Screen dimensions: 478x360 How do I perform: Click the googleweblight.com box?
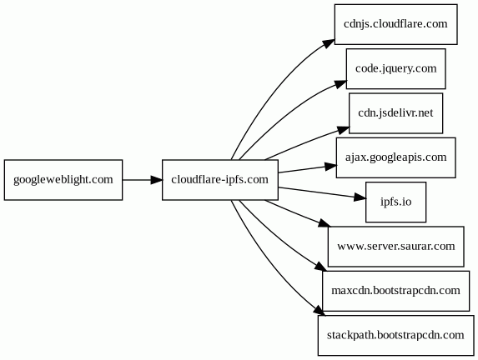63,180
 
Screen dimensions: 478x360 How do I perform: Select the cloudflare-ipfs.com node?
220,180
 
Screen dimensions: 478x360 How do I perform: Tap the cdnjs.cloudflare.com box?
395,24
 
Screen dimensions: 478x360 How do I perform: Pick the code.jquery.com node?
395,69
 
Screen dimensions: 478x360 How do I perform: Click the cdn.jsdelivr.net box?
395,113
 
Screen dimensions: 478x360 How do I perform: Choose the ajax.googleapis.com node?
395,157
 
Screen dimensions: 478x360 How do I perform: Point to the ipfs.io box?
395,202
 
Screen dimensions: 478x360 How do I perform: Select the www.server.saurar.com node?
395,247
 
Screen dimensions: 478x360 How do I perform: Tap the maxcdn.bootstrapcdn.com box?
395,291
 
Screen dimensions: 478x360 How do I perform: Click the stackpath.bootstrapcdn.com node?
395,335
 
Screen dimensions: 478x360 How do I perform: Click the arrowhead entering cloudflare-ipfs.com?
156,180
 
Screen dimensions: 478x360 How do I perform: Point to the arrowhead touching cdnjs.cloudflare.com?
330,43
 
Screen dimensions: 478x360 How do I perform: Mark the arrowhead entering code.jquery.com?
340,84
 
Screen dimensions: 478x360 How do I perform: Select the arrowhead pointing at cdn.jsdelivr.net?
344,129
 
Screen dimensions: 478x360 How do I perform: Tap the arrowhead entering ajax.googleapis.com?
331,167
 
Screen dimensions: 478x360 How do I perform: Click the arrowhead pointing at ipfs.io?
360,197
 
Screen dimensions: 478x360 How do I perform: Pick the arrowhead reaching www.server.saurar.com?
324,223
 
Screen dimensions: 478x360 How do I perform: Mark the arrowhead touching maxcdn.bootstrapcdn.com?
320,267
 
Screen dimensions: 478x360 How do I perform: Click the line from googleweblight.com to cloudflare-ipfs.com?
137,180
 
